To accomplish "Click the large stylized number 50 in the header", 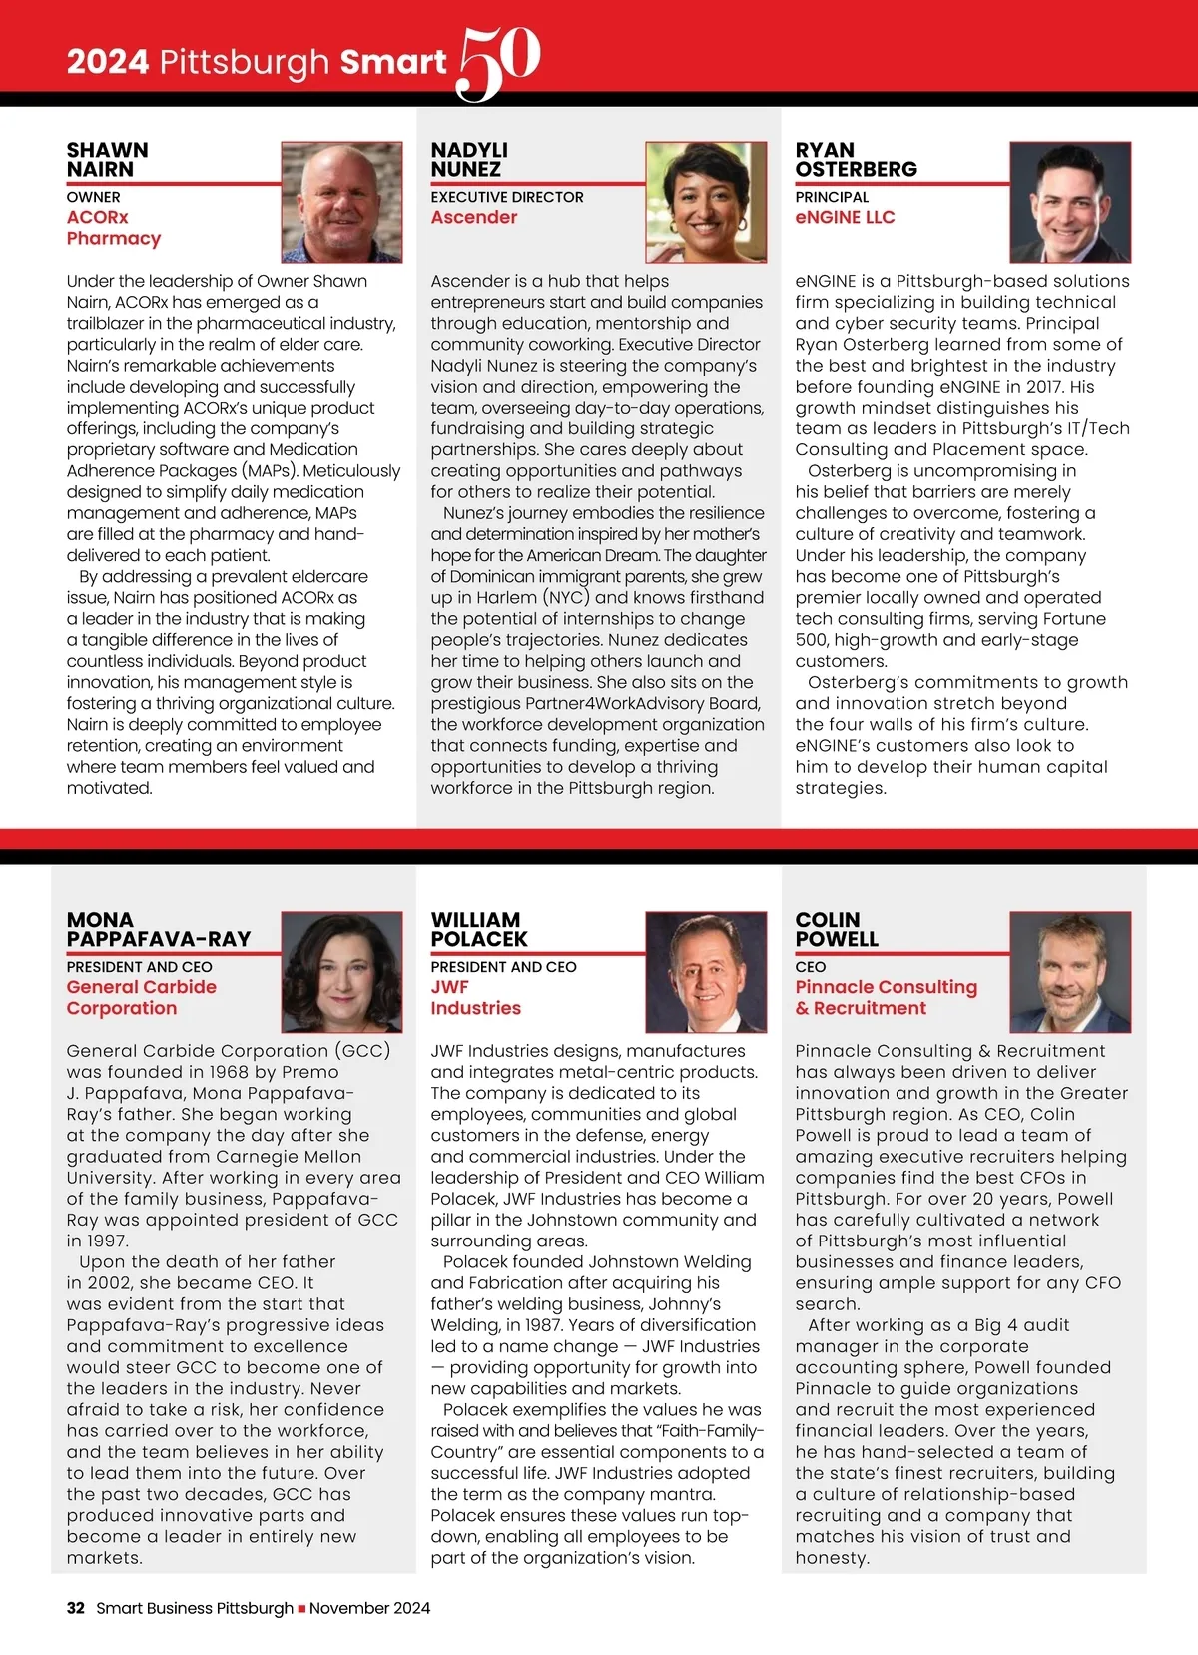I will coord(498,62).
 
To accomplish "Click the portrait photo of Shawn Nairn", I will coord(341,202).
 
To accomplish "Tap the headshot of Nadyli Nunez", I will coord(706,202).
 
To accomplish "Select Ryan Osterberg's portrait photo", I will coord(1070,202).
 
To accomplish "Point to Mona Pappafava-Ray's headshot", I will coord(341,972).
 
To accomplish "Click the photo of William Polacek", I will coord(706,972).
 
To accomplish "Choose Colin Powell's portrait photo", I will coord(1070,972).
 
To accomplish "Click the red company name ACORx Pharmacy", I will coord(113,228).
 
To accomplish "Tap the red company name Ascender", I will coord(474,217).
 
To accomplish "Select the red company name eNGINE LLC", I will coord(845,217).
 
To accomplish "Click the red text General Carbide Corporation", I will coord(141,997).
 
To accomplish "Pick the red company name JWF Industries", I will coord(475,997).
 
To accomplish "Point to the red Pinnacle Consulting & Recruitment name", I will coord(886,997).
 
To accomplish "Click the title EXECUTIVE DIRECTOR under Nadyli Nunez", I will coord(507,197).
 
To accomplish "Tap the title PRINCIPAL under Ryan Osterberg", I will coord(832,197).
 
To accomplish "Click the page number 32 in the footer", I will coord(76,1608).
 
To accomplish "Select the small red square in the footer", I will coord(301,1609).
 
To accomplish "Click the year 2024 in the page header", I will coord(108,62).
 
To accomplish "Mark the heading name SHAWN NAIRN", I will coord(107,159).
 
